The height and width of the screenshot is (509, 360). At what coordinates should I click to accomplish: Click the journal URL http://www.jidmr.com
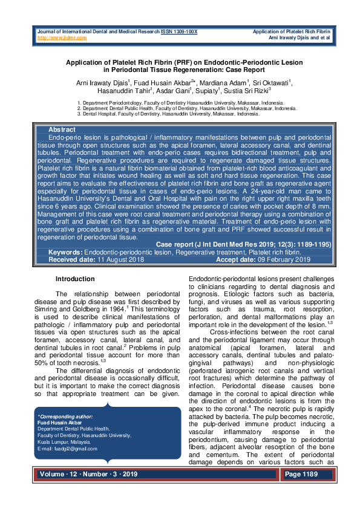[62, 37]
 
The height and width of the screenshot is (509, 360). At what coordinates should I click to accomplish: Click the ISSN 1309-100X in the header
[179, 31]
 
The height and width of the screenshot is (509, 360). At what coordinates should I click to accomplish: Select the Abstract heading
[62, 130]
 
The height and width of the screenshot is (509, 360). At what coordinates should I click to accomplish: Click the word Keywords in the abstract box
[65, 251]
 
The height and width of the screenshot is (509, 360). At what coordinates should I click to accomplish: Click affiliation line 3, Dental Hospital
[172, 114]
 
